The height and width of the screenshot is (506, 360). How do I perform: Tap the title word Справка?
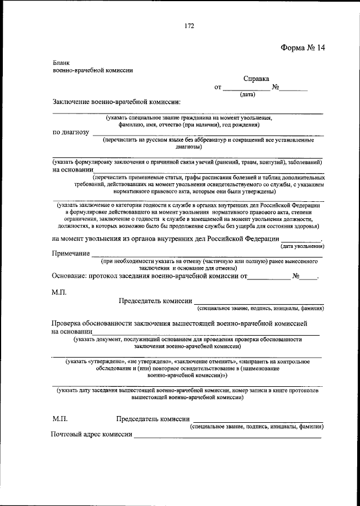pos(256,79)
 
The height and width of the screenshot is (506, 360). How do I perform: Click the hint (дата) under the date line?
pos(247,95)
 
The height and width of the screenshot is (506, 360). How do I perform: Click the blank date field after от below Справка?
pos(246,88)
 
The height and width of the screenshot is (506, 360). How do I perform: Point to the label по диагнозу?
pos(71,133)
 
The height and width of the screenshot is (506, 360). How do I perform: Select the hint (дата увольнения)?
pos(302,246)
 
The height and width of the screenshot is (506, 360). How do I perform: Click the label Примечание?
pos(71,254)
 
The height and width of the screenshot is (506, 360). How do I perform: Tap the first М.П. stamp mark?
pos(60,292)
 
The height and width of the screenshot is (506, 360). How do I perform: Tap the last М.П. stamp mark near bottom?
pos(60,419)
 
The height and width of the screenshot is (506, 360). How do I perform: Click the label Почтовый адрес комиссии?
pos(91,435)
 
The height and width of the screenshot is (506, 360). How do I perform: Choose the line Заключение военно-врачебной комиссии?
pos(117,103)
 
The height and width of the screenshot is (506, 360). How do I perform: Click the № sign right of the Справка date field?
pos(276,88)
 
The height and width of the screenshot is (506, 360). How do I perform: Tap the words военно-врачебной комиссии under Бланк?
pos(93,71)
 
